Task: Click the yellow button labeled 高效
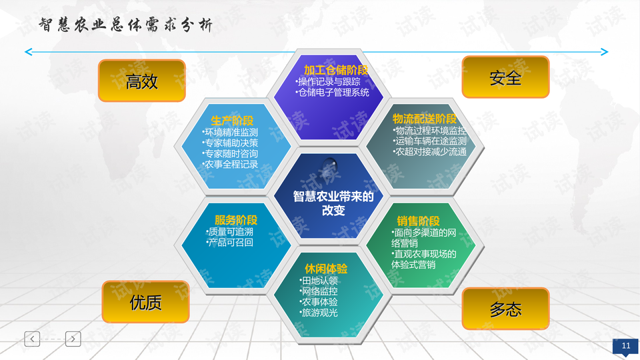point(141,81)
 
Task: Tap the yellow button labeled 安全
point(505,77)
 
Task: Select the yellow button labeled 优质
point(145,302)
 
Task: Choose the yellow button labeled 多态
point(505,309)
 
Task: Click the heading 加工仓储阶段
point(335,70)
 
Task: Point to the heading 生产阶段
point(232,121)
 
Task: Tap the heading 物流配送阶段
point(425,119)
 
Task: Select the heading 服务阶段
point(236,220)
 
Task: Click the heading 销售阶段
point(418,221)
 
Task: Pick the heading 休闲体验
point(326,269)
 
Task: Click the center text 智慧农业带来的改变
point(333,203)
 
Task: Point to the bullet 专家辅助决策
point(230,143)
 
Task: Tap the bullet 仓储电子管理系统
point(332,92)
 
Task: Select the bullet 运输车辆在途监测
point(430,141)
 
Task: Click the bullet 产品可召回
point(230,243)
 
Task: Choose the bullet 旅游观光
point(319,313)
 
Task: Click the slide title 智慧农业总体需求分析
point(126,25)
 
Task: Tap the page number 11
point(626,346)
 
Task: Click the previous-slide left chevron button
point(32,339)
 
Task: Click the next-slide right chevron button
point(73,339)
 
